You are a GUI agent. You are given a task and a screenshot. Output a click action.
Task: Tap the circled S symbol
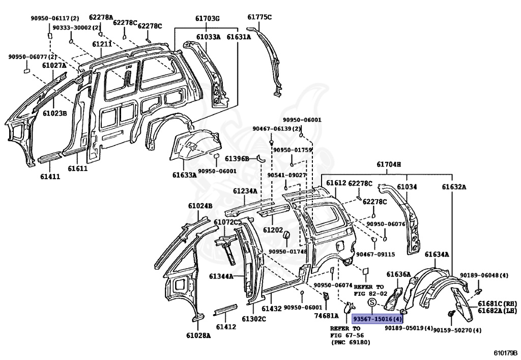372,303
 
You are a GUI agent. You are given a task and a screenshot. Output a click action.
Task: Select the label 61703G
207,18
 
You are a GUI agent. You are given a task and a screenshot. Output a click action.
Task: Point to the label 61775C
259,17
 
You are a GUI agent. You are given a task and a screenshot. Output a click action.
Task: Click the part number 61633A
184,175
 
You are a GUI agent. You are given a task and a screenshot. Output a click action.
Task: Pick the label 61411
50,177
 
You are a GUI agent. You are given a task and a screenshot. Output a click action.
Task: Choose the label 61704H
389,164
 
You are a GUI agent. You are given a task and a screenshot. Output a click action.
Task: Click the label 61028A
199,336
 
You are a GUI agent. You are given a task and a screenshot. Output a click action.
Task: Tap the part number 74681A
326,316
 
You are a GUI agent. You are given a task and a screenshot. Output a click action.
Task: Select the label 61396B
237,158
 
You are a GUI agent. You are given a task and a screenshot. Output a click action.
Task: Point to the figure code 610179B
505,353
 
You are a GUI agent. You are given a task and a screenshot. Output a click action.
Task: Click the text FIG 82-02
370,293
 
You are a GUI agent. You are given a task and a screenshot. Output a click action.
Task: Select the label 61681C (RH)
498,303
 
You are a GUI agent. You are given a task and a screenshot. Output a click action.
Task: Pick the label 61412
226,327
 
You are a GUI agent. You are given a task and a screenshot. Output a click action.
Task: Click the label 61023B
55,114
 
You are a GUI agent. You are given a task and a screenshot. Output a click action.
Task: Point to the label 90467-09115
375,254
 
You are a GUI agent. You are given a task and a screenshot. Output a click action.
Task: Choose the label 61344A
221,276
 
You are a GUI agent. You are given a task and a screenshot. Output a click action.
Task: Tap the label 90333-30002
72,27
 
